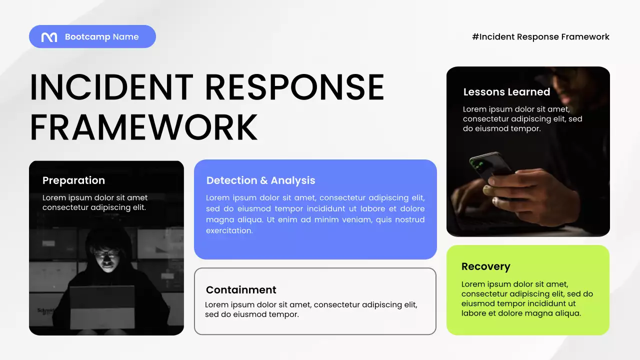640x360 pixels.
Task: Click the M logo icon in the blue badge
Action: (49, 37)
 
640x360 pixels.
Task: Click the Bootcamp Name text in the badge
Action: (101, 37)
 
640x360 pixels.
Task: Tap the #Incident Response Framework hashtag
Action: (540, 37)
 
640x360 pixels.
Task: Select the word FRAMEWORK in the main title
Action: (143, 127)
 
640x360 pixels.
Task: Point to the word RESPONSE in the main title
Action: (294, 88)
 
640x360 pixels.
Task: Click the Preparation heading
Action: (73, 180)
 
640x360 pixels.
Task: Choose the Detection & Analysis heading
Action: (260, 180)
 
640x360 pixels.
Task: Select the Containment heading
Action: (241, 290)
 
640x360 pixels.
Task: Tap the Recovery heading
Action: (485, 266)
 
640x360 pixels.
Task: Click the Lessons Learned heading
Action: (506, 92)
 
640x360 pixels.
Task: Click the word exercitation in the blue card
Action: (229, 231)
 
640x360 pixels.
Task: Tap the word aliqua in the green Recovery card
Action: (567, 313)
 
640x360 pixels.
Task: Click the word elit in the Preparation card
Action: (137, 207)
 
